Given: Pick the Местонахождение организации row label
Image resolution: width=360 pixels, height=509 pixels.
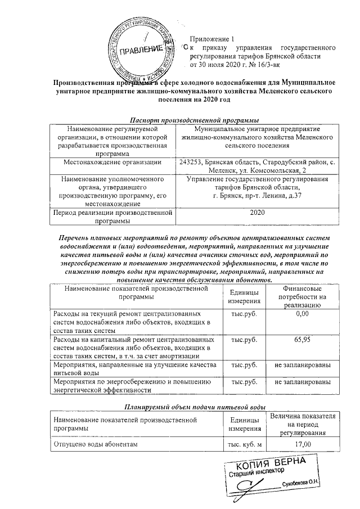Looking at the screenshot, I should [112, 163].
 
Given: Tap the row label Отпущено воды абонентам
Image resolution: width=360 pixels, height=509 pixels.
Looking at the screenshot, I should [95, 445].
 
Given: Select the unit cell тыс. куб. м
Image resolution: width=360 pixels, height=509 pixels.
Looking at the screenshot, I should [244, 445].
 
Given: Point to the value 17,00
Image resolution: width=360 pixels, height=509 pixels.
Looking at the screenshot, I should [303, 445].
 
